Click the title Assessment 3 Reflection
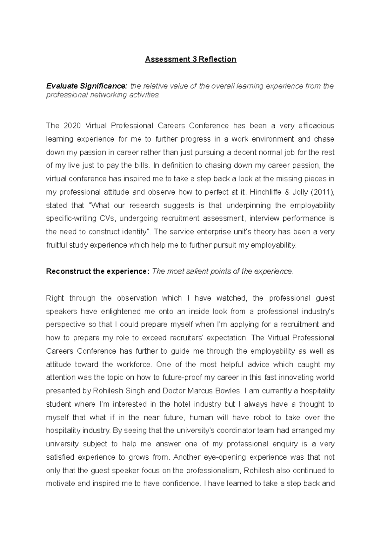click(190, 59)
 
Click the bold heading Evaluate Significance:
click(86, 86)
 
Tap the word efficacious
click(316, 126)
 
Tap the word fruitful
click(56, 245)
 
